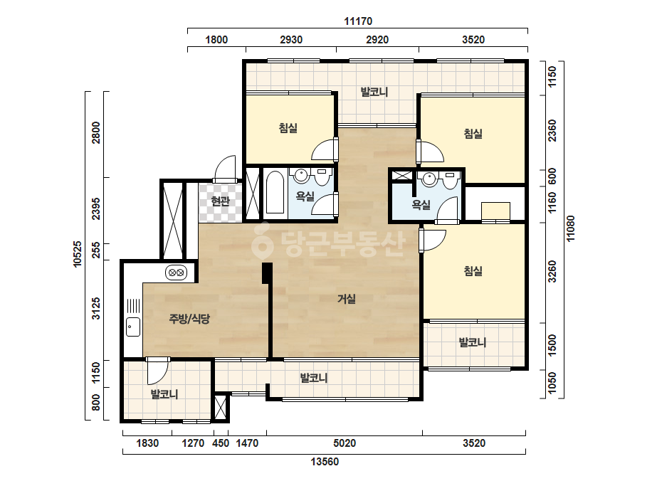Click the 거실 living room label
coord(347,299)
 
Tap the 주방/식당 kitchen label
coord(189,319)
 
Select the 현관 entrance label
coord(221,201)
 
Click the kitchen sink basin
coord(133,327)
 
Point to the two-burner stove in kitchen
coord(176,273)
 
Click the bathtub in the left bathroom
coord(275,192)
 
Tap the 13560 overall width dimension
coord(325,462)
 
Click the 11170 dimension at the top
coord(358,21)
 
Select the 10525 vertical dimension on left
coord(78,254)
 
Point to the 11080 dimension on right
coord(570,228)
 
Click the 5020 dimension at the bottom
coord(345,443)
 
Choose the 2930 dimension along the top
coord(291,40)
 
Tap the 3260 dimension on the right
coord(552,272)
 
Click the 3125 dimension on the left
coord(96,308)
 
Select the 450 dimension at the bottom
coord(221,443)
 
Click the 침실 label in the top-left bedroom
coord(288,127)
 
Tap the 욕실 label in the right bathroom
coord(421,204)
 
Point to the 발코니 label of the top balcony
coord(374,92)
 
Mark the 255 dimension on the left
coord(96,252)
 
